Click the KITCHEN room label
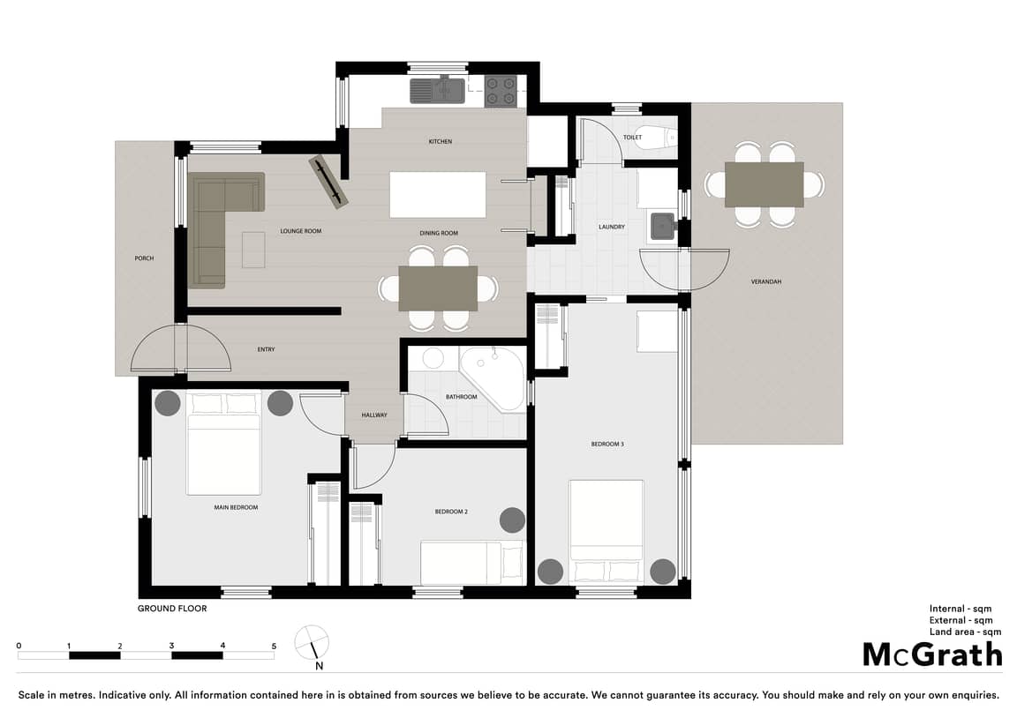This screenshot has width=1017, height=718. [x=440, y=141]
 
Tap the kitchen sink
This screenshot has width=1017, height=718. [x=437, y=91]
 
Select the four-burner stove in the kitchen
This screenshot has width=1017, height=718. [x=501, y=91]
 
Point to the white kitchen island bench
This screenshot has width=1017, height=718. [x=437, y=194]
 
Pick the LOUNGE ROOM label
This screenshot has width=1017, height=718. [x=300, y=231]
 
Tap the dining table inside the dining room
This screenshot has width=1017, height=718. [x=438, y=288]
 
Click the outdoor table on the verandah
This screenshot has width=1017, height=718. [x=764, y=184]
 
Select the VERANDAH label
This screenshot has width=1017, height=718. [x=766, y=282]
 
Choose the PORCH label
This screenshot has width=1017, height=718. [x=144, y=258]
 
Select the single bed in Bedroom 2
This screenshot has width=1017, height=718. [x=471, y=563]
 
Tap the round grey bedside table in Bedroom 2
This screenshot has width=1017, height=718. [x=512, y=520]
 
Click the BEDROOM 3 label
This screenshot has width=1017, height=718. [x=607, y=445]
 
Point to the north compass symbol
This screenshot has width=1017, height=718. [x=312, y=644]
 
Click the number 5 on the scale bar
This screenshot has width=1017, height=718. [x=274, y=646]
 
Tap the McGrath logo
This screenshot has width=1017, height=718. [x=932, y=655]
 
